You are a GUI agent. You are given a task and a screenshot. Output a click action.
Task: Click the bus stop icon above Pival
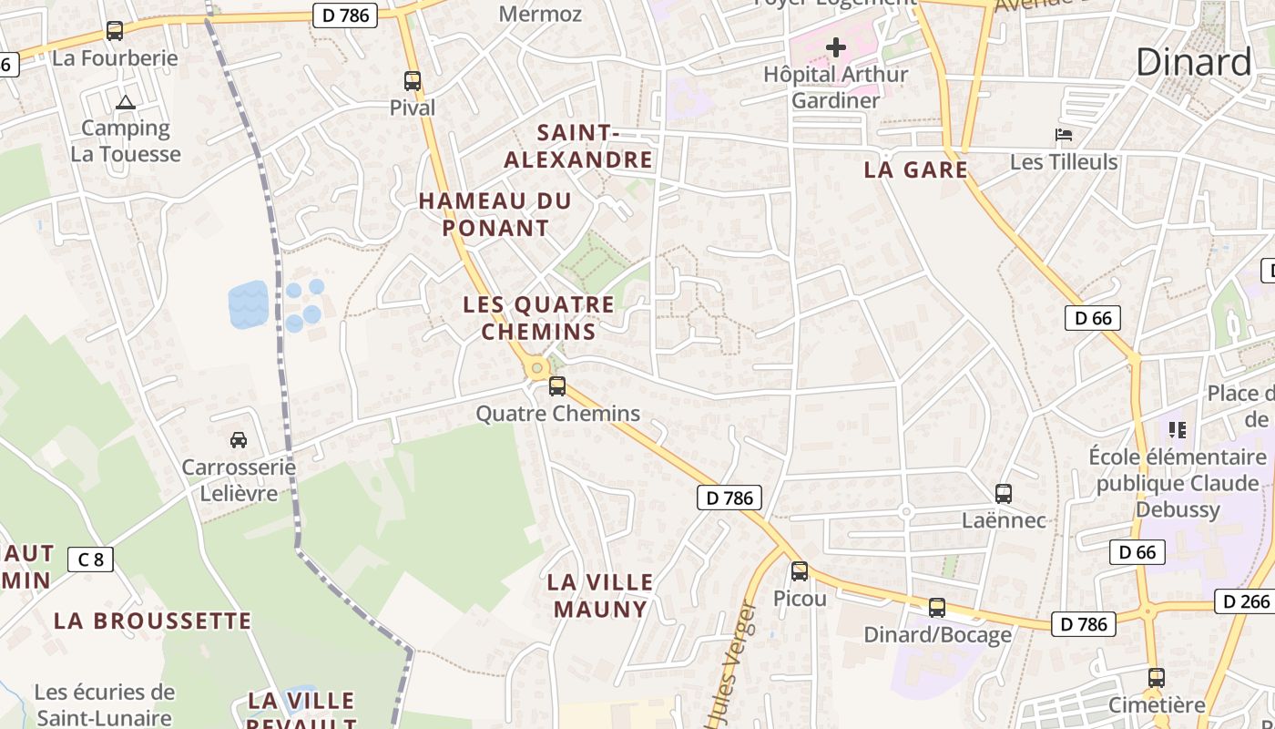tap(413, 81)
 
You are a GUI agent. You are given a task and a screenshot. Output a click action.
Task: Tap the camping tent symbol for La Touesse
tap(126, 103)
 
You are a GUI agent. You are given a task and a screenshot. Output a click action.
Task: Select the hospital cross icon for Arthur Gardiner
tap(836, 47)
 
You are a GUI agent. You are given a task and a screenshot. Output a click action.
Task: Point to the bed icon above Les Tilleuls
tap(1063, 136)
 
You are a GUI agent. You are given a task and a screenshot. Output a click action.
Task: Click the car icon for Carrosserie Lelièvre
tap(239, 440)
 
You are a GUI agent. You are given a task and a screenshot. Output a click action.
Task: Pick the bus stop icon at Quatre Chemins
tap(557, 386)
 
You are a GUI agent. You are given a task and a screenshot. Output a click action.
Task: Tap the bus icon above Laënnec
tap(1004, 494)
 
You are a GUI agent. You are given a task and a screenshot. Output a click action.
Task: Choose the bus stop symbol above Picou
tap(800, 571)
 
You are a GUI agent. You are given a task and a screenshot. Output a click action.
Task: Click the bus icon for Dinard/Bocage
tap(937, 608)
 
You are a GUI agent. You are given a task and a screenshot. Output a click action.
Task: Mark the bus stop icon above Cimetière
tap(1157, 678)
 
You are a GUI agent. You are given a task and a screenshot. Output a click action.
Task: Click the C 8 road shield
tap(91, 559)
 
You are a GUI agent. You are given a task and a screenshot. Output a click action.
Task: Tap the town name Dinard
tap(1194, 62)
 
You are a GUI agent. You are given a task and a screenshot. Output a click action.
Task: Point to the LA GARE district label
tap(915, 169)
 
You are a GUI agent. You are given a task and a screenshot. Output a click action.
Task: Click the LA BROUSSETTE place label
tap(152, 621)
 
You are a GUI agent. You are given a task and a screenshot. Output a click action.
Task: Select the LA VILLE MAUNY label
tap(600, 595)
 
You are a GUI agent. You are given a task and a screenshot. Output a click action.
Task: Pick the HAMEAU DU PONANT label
tap(495, 214)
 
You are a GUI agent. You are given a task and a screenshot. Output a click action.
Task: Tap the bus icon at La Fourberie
tap(115, 31)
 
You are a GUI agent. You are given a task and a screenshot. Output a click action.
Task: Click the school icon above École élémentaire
tap(1178, 429)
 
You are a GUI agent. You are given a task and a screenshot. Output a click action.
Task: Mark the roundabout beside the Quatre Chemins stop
tap(537, 368)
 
